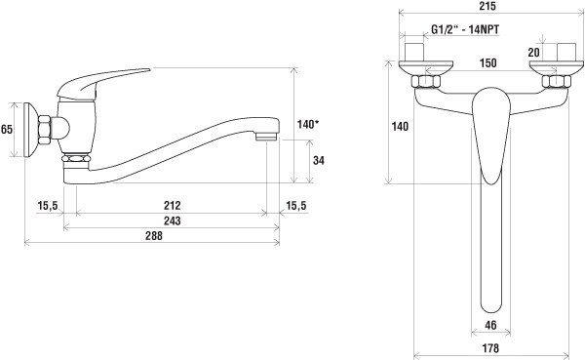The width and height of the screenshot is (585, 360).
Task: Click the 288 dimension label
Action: coord(154,236)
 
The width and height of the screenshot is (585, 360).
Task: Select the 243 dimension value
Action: coord(172,220)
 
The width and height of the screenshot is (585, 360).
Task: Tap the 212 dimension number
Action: coord(172,206)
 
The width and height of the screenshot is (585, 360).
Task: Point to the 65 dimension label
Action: coord(7,129)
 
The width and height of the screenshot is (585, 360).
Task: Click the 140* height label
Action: coord(308,124)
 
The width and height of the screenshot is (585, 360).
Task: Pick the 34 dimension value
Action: coord(319,160)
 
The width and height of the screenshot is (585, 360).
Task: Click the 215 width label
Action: coord(487,7)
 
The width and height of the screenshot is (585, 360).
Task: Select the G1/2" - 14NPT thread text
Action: coord(465,29)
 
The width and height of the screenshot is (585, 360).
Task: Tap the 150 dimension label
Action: coord(488,62)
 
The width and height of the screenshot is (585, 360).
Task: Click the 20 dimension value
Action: coord(534,53)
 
